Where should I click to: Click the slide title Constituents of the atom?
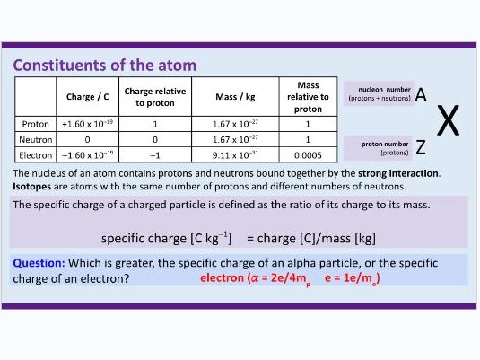point(104,66)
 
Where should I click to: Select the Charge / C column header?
point(87,96)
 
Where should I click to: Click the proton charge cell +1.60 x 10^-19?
point(87,124)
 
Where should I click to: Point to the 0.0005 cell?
point(308,155)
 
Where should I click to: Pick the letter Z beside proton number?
point(420,147)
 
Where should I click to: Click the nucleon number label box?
point(379,93)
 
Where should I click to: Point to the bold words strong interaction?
point(399,172)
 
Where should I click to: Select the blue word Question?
point(39,263)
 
